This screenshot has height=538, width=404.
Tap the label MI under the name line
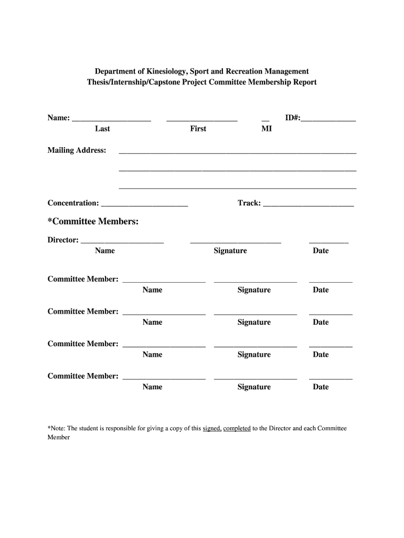coord(267,129)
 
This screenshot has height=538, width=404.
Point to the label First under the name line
coord(198,129)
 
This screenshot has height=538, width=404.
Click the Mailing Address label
coord(77,151)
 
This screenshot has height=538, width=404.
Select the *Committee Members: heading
coord(93,222)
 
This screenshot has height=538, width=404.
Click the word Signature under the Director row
coord(230,251)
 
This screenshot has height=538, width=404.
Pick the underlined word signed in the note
coord(212,429)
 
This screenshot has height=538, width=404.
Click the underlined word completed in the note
coord(237,429)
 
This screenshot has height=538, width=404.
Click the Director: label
coord(63,240)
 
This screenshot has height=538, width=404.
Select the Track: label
coord(249,203)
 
